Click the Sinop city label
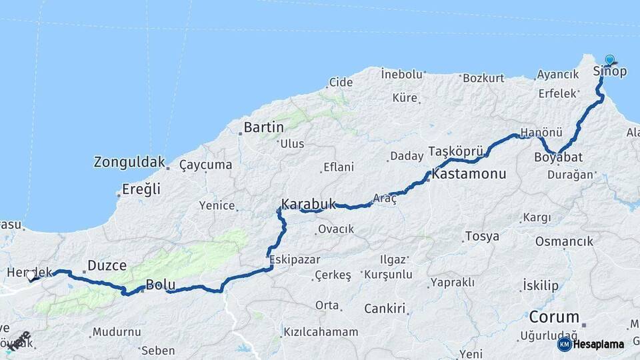coord(609,71)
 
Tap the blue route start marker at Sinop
coord(609,60)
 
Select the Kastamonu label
coord(469,174)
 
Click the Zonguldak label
coord(129,162)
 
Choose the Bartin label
coord(263,127)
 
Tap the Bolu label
coord(161,285)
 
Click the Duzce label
coord(107,265)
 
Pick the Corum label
coord(554,317)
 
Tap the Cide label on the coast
coord(340,83)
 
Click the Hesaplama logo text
coord(599,344)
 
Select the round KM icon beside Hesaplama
coord(564,344)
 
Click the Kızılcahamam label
coord(321,331)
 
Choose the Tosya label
coord(481,236)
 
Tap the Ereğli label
coord(141,189)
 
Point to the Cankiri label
coord(385,309)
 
